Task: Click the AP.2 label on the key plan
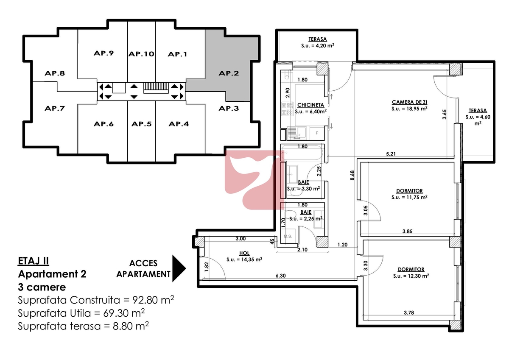[229, 73]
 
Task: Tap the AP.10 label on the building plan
[141, 54]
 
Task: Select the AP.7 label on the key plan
[55, 108]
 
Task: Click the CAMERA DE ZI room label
[409, 102]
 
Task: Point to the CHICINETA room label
[310, 105]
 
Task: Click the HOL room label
[244, 253]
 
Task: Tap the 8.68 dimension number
[352, 176]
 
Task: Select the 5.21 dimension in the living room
[391, 154]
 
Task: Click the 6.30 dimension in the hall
[281, 276]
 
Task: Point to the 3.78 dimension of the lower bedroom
[409, 313]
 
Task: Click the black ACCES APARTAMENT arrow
[179, 268]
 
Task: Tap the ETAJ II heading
[34, 261]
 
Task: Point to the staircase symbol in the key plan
[156, 88]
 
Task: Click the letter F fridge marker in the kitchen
[317, 133]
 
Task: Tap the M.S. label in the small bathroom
[288, 236]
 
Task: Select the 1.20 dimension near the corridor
[342, 245]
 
